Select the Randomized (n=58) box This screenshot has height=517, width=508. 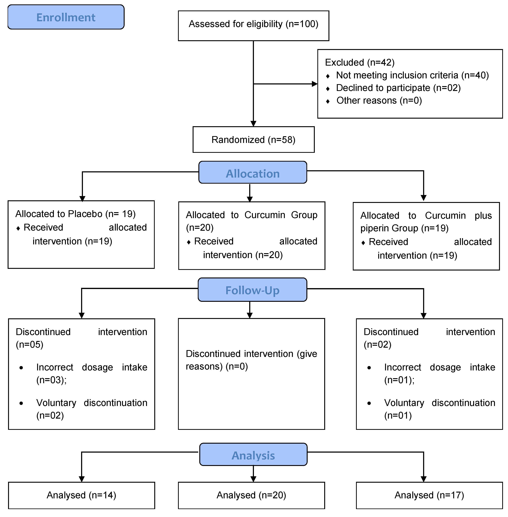pos(253,140)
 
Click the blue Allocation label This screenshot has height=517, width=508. pos(253,173)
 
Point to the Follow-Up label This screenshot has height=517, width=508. pos(252,290)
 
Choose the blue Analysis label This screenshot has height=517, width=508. pos(253,455)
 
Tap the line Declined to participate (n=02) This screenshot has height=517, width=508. pos(398,88)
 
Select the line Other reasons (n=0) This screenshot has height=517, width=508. pos(379,100)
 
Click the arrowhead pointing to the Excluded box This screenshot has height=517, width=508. pos(315,84)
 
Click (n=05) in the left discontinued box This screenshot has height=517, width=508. pos(29,345)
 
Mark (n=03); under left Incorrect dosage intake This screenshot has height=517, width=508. pos(51,380)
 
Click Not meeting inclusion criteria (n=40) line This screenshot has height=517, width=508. pos(412,75)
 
